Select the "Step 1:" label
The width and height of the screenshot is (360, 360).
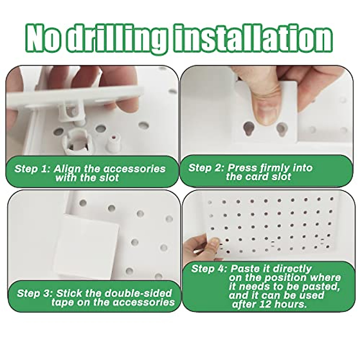click(32, 168)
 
